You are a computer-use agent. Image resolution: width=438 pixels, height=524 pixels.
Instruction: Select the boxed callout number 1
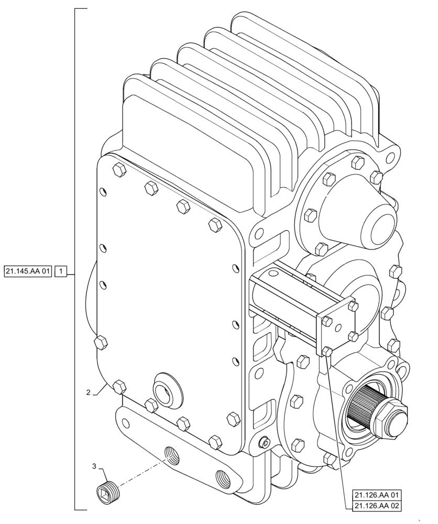pos(61,271)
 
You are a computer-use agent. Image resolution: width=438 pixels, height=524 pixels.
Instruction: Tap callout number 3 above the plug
pos(94,466)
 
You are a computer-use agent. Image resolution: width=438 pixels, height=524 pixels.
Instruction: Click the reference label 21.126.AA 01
pos(377,495)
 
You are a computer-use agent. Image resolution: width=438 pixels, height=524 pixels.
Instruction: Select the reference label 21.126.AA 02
pos(377,505)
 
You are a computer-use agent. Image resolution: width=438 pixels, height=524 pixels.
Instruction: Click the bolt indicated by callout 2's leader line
pos(119,387)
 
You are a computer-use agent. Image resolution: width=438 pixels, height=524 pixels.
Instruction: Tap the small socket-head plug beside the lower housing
pos(266,443)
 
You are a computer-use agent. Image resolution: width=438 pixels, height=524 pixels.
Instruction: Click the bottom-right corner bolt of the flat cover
pos(233,418)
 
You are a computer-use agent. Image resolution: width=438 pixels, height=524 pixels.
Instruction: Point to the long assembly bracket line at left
pos(75,262)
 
